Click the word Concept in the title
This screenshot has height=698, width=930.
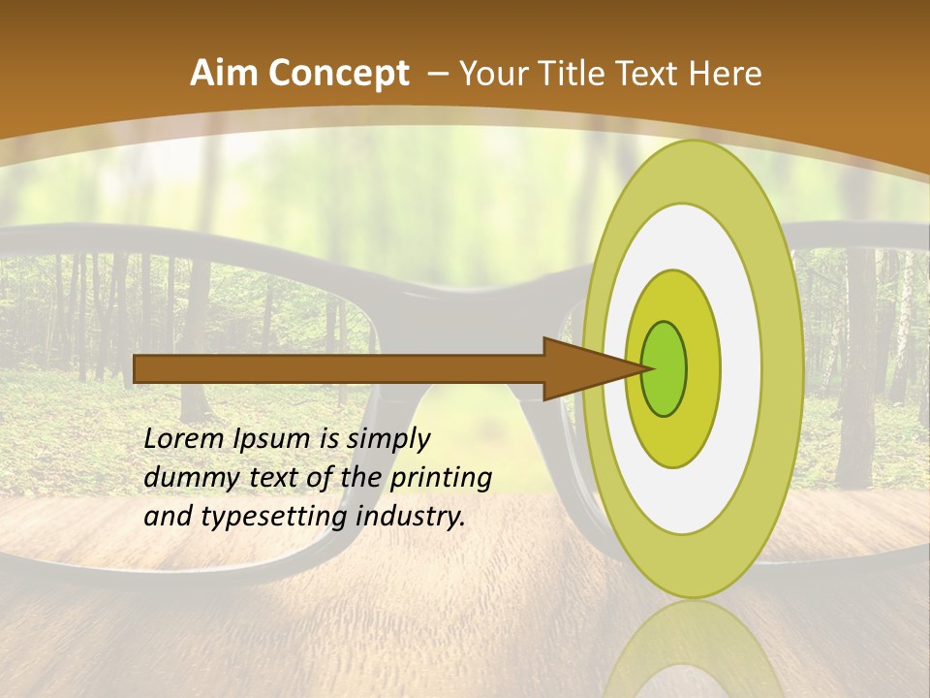click(338, 73)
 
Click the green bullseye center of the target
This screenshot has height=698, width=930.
click(665, 367)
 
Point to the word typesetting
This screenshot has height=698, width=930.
click(273, 518)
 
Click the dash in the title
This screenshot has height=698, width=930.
click(437, 74)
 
